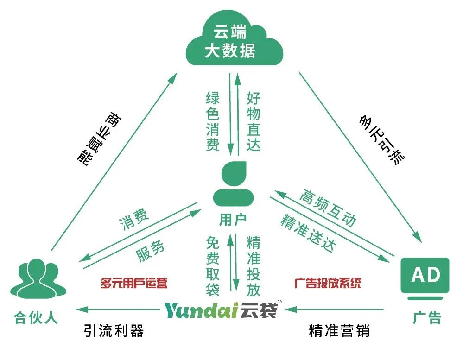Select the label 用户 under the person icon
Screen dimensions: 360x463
pyautogui.click(x=233, y=220)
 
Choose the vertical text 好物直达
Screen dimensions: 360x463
pyautogui.click(x=254, y=121)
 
